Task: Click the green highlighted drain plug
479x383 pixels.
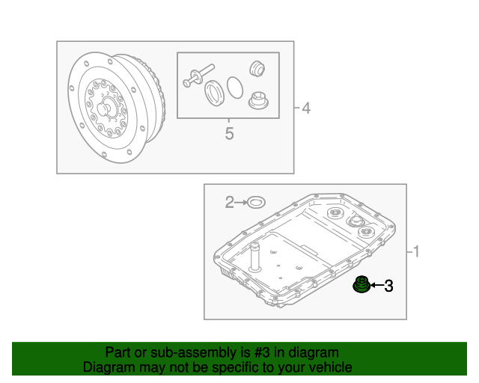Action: click(x=361, y=284)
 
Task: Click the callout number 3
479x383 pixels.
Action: click(x=388, y=286)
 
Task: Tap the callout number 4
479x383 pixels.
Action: click(x=306, y=108)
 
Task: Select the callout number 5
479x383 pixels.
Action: click(x=230, y=133)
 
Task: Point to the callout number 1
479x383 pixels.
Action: click(x=416, y=251)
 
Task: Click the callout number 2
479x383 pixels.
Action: click(x=230, y=202)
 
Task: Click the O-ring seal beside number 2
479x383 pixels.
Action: click(x=256, y=202)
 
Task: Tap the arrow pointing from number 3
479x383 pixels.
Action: click(x=376, y=286)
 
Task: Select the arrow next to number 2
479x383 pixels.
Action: click(x=241, y=202)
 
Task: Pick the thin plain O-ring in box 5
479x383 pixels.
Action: click(x=235, y=88)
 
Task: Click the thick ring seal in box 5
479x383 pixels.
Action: click(x=215, y=94)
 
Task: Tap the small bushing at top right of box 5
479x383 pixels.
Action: click(x=257, y=69)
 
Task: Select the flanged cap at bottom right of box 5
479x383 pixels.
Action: click(x=258, y=100)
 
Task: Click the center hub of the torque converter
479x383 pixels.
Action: click(x=103, y=108)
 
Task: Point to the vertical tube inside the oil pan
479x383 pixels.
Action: click(x=254, y=257)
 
